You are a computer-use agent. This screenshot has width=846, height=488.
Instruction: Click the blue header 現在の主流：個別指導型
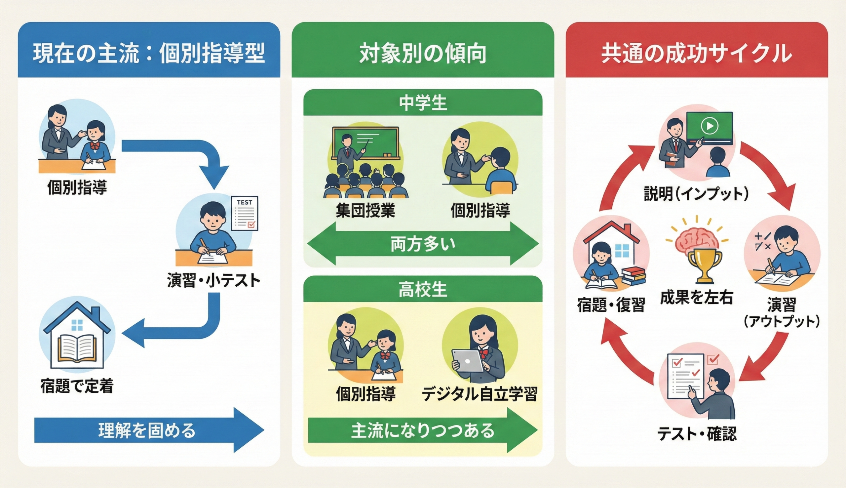pyautogui.click(x=149, y=54)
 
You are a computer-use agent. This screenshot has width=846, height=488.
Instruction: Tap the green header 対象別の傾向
pyautogui.click(x=423, y=54)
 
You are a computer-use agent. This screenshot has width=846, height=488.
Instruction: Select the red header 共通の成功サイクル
pyautogui.click(x=697, y=54)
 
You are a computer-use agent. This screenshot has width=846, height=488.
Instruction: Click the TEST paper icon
pyautogui.click(x=245, y=213)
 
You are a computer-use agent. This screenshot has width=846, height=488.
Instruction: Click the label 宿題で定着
pyautogui.click(x=77, y=386)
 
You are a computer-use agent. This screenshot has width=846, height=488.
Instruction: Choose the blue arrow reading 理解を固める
pyautogui.click(x=147, y=430)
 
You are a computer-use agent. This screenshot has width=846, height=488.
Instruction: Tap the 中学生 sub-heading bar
pyautogui.click(x=423, y=102)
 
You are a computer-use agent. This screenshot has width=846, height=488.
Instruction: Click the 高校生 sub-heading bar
pyautogui.click(x=423, y=289)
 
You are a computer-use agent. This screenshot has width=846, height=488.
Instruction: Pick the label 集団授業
pyautogui.click(x=365, y=211)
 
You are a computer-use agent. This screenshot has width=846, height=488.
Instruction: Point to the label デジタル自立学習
pyautogui.click(x=479, y=394)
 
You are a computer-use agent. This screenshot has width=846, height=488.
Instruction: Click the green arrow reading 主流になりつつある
pyautogui.click(x=423, y=431)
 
